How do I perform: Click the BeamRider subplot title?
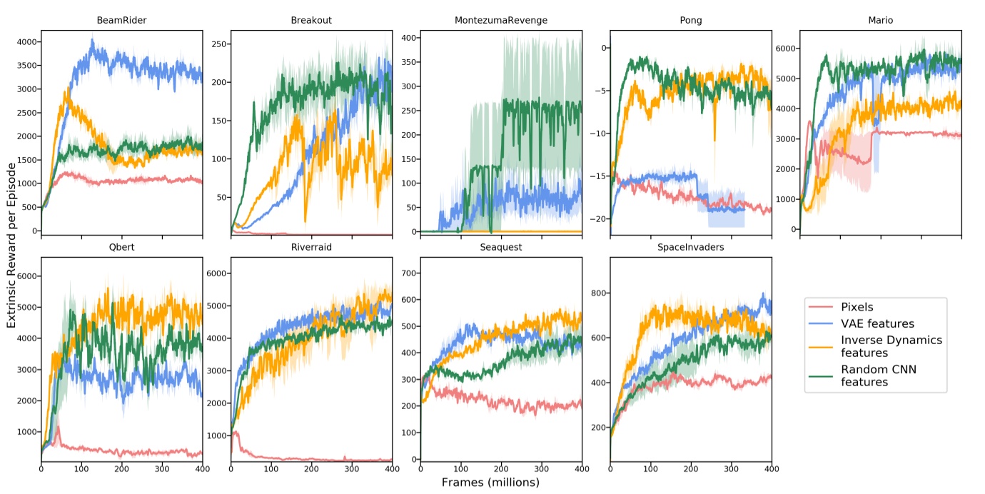click(x=121, y=20)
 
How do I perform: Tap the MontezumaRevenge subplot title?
click(x=501, y=20)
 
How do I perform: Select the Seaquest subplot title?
click(x=501, y=247)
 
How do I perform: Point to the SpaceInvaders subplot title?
click(x=690, y=247)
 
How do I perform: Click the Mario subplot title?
click(x=880, y=20)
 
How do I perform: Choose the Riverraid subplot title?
click(x=311, y=247)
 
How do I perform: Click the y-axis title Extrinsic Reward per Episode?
click(x=12, y=245)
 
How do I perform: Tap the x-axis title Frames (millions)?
click(x=490, y=483)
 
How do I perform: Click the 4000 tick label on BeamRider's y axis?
click(x=25, y=42)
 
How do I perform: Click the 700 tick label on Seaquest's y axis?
click(x=407, y=272)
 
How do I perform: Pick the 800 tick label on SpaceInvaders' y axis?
click(x=597, y=293)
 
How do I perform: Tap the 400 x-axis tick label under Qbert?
click(x=202, y=469)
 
